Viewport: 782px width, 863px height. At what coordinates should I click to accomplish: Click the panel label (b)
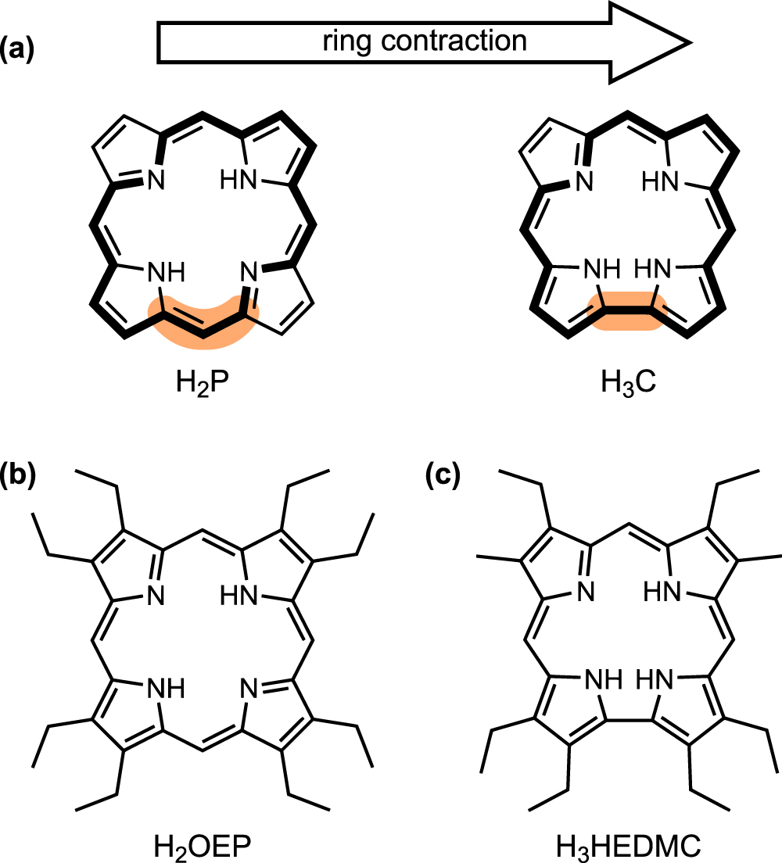click(21, 474)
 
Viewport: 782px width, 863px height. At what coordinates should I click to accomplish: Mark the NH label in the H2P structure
click(166, 273)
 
